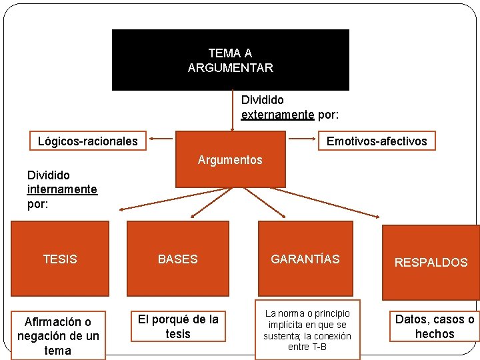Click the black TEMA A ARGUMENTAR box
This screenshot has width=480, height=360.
click(x=230, y=59)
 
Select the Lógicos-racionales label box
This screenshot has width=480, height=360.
click(x=87, y=141)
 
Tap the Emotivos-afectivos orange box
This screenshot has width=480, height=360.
click(x=377, y=141)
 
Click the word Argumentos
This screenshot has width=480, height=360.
click(x=230, y=160)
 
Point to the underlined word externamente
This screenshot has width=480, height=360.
click(x=277, y=115)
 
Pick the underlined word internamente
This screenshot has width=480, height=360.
click(x=62, y=189)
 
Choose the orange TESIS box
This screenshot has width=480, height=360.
click(x=60, y=259)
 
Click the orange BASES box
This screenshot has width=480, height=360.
click(x=177, y=259)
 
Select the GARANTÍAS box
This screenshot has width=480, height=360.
click(x=305, y=259)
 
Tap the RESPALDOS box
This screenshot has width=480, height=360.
click(x=431, y=262)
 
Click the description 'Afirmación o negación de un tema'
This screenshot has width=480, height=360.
click(x=58, y=336)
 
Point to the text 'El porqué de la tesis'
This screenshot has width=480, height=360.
click(x=178, y=327)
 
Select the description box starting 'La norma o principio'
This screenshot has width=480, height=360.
click(x=307, y=330)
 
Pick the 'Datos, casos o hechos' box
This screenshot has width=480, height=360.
click(x=435, y=327)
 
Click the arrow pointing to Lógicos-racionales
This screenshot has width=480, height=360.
click(x=160, y=139)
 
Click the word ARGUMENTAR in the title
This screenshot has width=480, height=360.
click(x=230, y=68)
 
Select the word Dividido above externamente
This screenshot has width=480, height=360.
click(x=262, y=100)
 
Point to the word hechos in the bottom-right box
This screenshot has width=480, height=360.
click(x=435, y=334)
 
